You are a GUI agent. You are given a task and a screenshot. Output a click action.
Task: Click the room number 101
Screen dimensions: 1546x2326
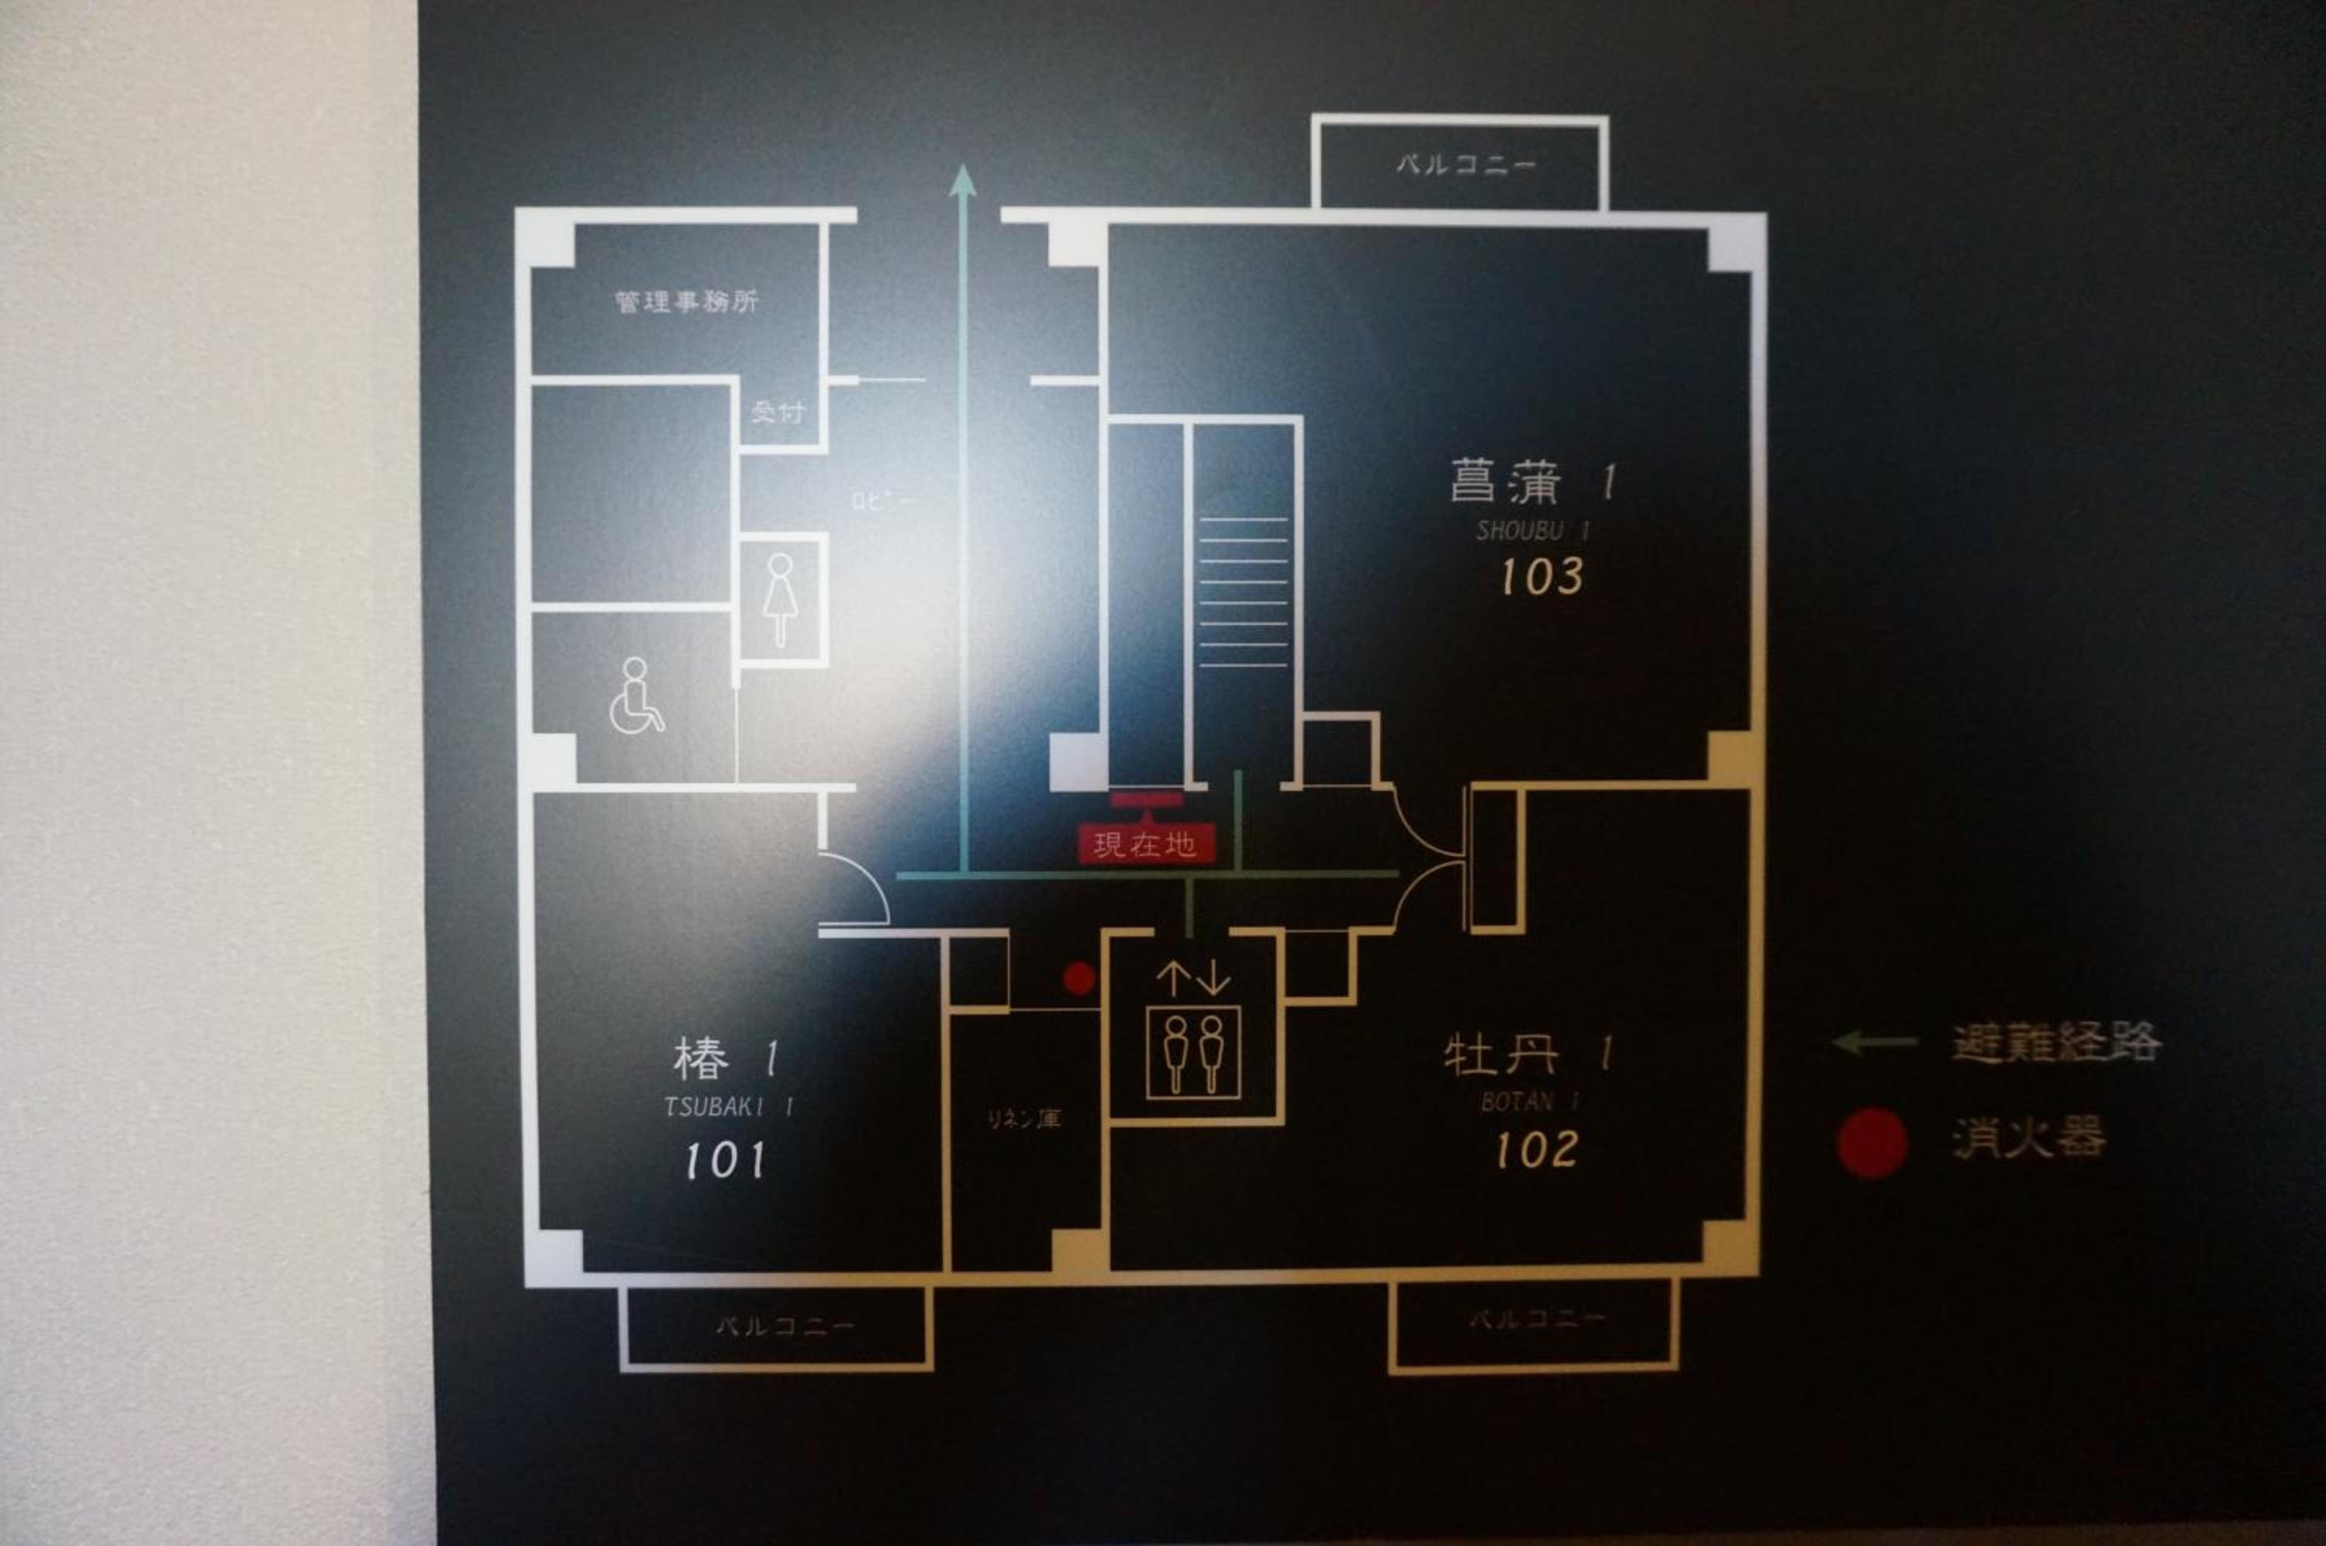[725, 1161]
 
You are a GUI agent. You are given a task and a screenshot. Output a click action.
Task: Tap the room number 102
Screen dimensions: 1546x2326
[1536, 1150]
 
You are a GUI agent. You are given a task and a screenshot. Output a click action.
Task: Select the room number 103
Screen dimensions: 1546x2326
[1541, 577]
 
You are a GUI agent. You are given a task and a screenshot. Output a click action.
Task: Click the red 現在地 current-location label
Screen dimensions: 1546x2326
[1144, 844]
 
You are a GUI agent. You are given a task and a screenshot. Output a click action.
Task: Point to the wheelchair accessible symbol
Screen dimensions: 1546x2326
[636, 696]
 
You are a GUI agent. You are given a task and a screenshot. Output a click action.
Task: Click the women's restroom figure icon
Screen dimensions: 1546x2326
[781, 599]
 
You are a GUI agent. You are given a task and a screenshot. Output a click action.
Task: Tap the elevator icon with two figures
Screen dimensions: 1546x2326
[1193, 1052]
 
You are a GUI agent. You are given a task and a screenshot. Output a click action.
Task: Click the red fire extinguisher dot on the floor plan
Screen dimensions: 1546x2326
[1078, 979]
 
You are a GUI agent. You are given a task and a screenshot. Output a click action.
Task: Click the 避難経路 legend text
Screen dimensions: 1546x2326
[2056, 1042]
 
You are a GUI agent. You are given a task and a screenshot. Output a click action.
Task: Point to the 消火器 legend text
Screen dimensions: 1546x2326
[2029, 1139]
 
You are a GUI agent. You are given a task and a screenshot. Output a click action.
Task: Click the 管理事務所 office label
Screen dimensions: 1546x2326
[686, 301]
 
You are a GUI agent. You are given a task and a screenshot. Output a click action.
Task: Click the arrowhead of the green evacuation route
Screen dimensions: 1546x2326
[962, 181]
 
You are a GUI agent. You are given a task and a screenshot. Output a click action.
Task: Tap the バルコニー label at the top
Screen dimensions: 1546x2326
[1465, 164]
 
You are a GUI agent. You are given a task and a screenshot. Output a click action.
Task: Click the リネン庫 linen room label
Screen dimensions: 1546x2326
[1023, 1119]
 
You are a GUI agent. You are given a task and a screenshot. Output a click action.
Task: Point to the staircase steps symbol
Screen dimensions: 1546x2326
[1244, 592]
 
